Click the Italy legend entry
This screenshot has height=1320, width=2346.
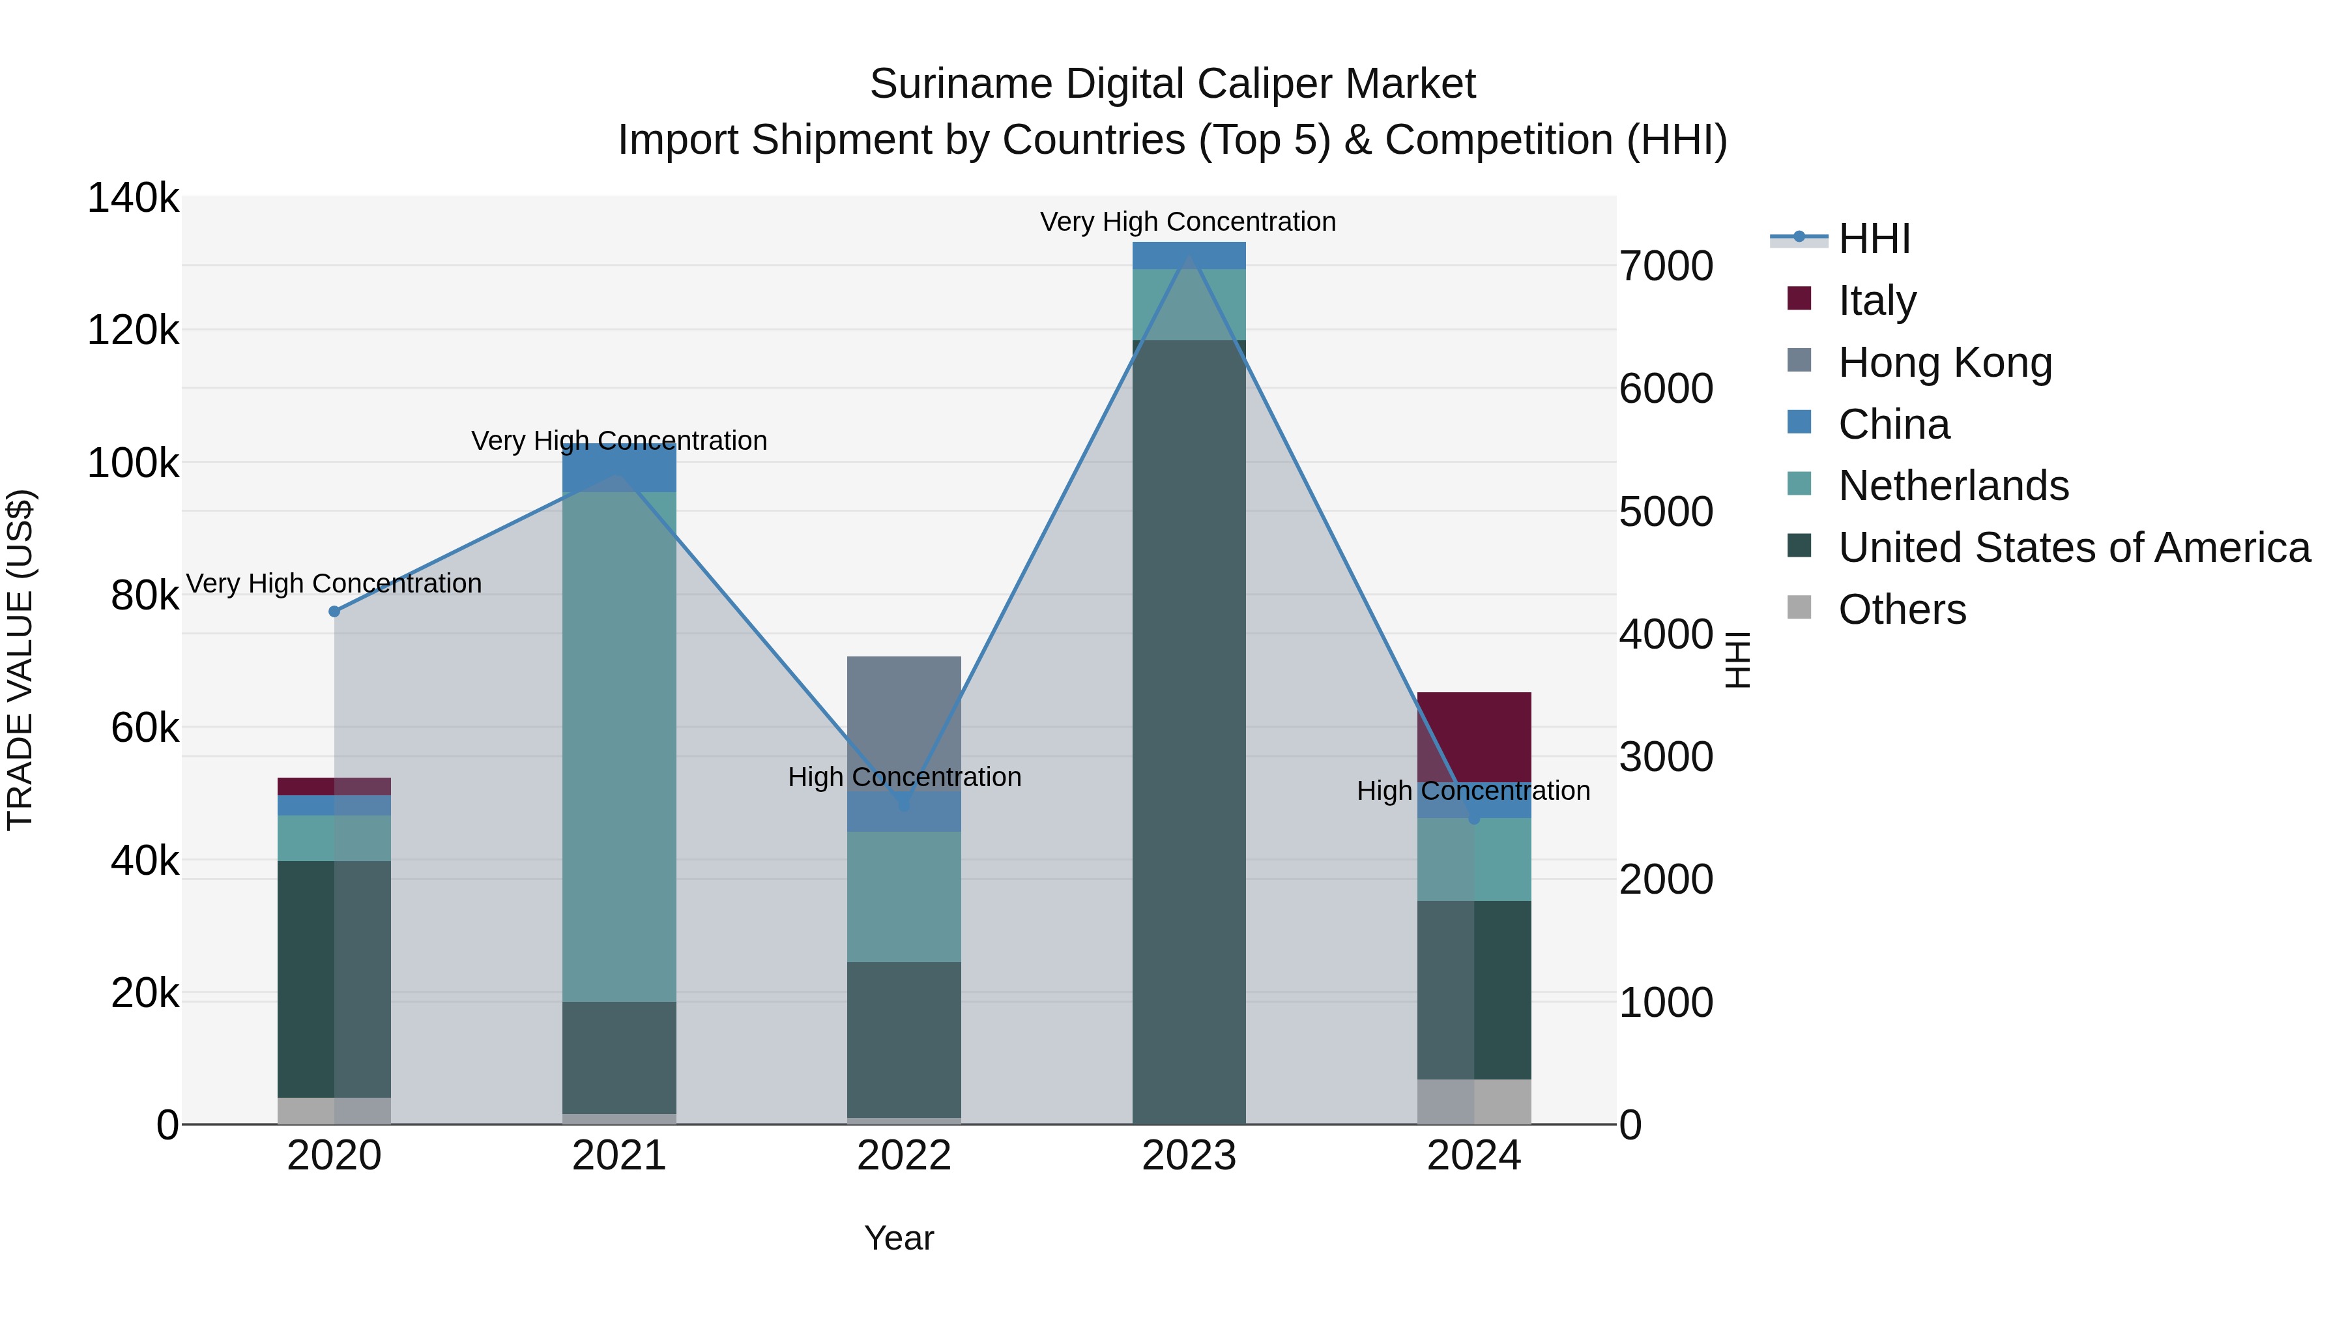click(x=1876, y=301)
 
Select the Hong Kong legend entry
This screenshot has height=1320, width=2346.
click(x=1945, y=362)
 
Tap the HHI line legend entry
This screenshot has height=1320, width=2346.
click(x=1874, y=239)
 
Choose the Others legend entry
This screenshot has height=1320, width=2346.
click(x=1902, y=609)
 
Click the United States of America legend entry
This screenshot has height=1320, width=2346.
click(x=2074, y=548)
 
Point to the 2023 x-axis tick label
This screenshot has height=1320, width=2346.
click(x=1189, y=1156)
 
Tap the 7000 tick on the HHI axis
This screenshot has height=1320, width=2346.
click(x=1666, y=266)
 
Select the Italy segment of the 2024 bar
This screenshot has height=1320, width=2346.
click(x=1473, y=736)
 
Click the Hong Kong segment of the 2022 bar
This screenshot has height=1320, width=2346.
click(x=903, y=720)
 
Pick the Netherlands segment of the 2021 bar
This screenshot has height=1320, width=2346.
click(x=618, y=747)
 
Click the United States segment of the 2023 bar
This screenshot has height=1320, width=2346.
click(x=1189, y=729)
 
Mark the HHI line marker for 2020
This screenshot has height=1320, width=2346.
click(x=334, y=611)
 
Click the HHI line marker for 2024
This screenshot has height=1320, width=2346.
click(x=1473, y=819)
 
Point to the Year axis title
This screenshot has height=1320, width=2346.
click(x=899, y=1238)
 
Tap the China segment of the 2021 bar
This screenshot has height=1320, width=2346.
click(x=618, y=468)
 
